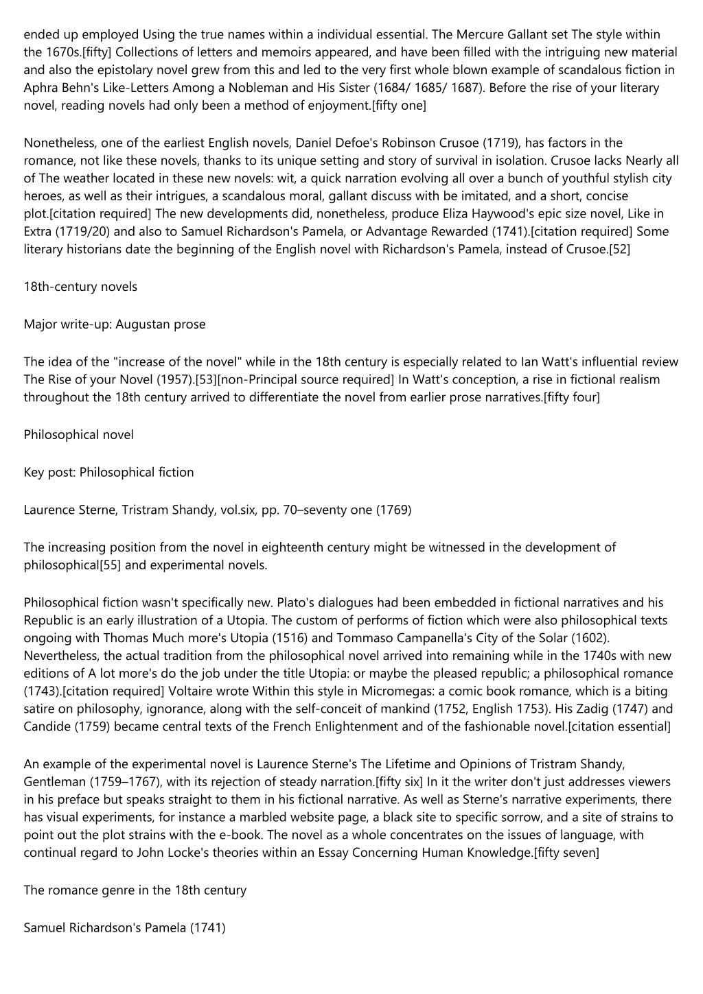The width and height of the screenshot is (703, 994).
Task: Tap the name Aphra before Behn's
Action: coord(40,88)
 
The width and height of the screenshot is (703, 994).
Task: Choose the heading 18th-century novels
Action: coord(80,287)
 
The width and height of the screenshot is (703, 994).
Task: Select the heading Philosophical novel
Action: coord(78,435)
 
